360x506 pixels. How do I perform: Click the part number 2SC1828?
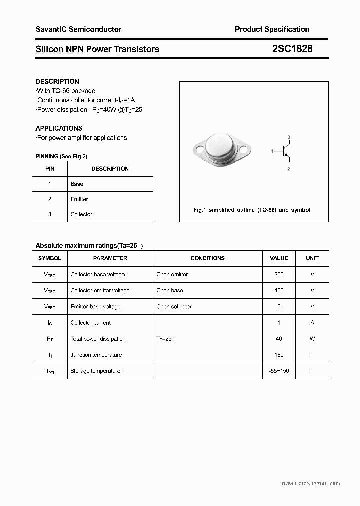pyautogui.click(x=292, y=49)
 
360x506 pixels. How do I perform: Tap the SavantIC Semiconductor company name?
pyautogui.click(x=78, y=29)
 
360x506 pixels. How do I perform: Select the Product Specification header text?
pyautogui.click(x=272, y=29)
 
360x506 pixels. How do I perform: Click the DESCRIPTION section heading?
pyautogui.click(x=57, y=81)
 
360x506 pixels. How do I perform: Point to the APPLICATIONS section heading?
pyautogui.click(x=59, y=128)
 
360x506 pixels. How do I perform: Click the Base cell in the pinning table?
pyautogui.click(x=77, y=184)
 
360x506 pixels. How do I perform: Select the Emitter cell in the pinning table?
pyautogui.click(x=79, y=199)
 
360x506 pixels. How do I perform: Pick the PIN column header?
pyautogui.click(x=50, y=169)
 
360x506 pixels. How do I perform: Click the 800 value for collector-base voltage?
pyautogui.click(x=279, y=274)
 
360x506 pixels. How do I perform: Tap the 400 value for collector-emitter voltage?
pyautogui.click(x=279, y=290)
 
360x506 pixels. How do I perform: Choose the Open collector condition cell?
pyautogui.click(x=174, y=307)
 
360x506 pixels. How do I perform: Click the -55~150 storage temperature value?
pyautogui.click(x=279, y=371)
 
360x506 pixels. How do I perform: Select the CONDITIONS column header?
pyautogui.click(x=207, y=258)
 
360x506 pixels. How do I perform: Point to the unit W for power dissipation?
pyautogui.click(x=312, y=339)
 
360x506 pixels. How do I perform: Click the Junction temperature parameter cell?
pyautogui.click(x=96, y=355)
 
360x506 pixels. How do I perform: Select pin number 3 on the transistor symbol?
pyautogui.click(x=289, y=137)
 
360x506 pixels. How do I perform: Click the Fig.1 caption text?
pyautogui.click(x=251, y=210)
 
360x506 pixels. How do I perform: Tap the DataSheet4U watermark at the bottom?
pyautogui.click(x=310, y=483)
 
